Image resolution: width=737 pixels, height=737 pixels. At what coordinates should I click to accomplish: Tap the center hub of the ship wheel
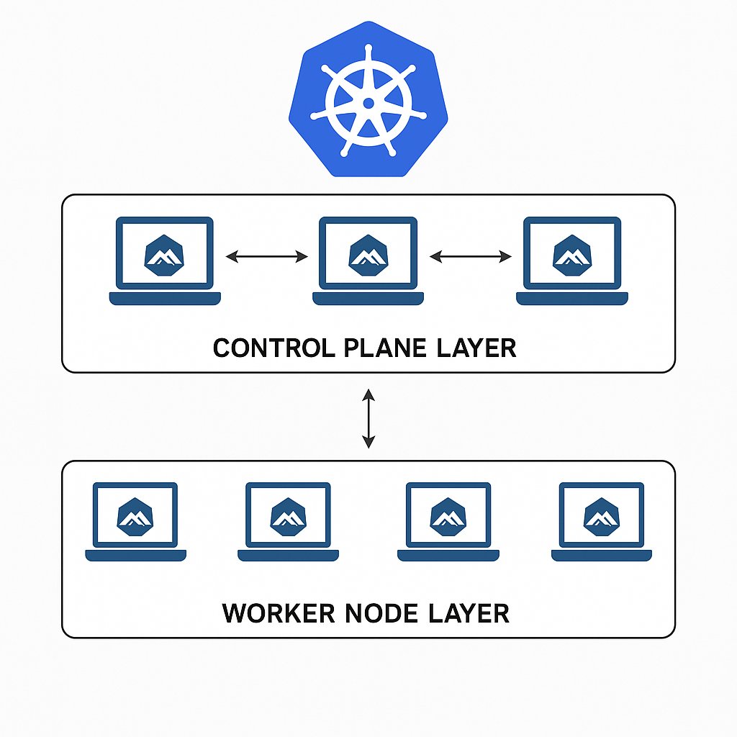368,104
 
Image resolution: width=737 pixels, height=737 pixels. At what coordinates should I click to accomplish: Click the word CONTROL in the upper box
263,348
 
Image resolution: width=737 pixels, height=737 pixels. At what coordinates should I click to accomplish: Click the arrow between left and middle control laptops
266,256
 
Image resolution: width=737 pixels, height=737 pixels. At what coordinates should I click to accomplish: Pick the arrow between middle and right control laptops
470,256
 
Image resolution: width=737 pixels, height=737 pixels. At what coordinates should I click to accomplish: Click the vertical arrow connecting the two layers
368,418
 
